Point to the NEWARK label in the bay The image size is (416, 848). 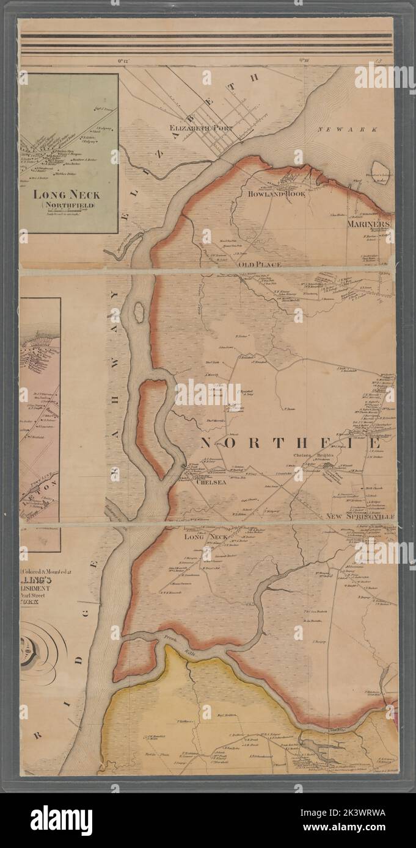(x=357, y=129)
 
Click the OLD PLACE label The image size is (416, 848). (x=260, y=265)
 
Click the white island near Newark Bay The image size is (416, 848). (x=380, y=172)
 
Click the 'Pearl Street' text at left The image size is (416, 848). (x=40, y=587)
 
